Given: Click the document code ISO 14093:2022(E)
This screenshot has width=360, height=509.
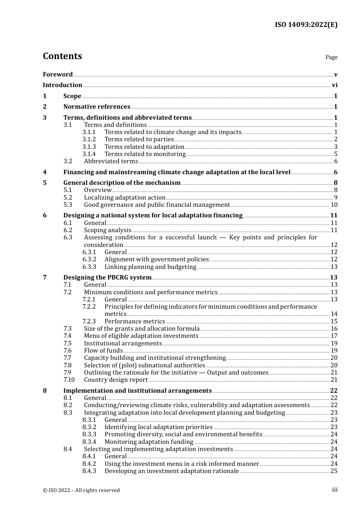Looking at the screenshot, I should pos(306,25).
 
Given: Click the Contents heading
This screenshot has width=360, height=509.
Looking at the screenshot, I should pos(62,56).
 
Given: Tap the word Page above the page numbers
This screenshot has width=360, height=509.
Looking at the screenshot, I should pos(331,57).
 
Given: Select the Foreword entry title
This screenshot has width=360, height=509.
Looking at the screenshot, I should pos(58,74).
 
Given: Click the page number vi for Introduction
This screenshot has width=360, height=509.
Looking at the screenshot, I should pos(335,85).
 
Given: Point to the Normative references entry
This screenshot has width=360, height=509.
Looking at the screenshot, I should pos(97,107).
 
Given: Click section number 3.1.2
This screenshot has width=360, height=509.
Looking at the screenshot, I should pos(89,139).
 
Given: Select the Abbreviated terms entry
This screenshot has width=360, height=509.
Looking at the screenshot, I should pos(111,161).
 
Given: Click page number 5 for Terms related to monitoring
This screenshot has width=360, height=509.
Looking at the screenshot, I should pos(336,154).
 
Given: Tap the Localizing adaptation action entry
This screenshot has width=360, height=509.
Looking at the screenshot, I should pos(124,198).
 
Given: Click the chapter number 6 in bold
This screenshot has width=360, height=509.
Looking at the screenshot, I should pos(45,215).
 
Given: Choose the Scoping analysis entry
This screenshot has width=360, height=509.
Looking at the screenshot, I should pos(108,230).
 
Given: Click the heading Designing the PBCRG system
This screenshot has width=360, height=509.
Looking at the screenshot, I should pos(107,278).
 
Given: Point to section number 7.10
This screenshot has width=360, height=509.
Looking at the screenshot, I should pos(69,380).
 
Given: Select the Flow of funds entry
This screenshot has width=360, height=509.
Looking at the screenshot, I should pos(103,351).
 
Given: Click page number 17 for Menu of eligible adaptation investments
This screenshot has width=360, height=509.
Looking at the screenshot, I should pos(334,336).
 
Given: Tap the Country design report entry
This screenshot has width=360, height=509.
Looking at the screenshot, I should pos(116,380).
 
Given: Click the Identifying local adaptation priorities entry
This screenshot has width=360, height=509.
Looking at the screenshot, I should pos(158,427).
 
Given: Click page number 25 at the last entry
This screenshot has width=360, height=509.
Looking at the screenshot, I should pos(334,471).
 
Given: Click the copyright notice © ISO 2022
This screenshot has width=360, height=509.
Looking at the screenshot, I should pos(81,490).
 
